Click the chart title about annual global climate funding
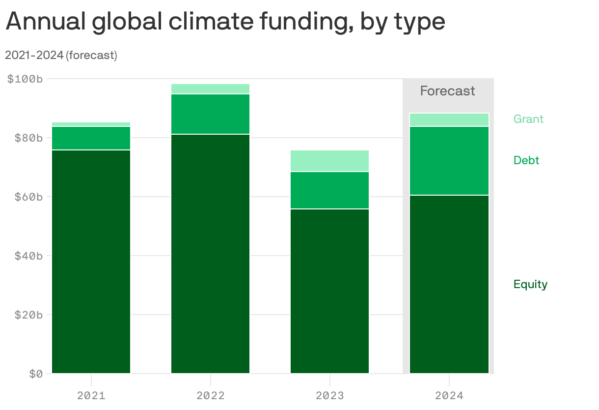point(225,22)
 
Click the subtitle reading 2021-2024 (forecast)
point(61,55)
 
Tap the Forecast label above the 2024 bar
point(447,91)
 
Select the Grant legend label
point(528,119)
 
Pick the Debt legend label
point(526,160)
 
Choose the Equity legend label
point(530,284)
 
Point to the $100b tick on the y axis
point(25,79)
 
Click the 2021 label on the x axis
point(91,395)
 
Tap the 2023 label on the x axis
point(330,395)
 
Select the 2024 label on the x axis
point(449,395)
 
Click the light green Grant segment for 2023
point(330,161)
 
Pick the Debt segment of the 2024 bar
point(449,161)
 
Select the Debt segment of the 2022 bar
point(211,114)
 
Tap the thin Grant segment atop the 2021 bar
point(91,124)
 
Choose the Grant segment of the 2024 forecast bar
point(449,120)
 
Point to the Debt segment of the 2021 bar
point(91,138)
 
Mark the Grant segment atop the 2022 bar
point(211,88)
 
